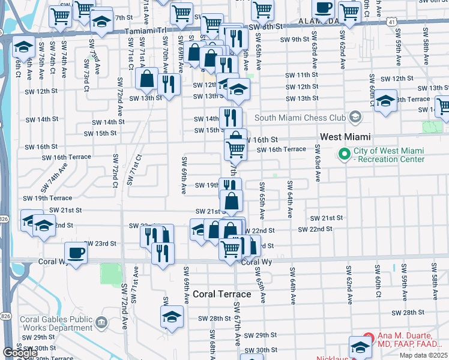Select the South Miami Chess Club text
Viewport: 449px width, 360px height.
301,117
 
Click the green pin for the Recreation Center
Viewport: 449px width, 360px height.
344,154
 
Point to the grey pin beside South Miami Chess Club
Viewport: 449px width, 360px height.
355,116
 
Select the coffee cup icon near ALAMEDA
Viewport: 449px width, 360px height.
323,8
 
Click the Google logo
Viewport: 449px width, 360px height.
20,353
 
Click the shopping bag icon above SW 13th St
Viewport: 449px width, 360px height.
146,78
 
